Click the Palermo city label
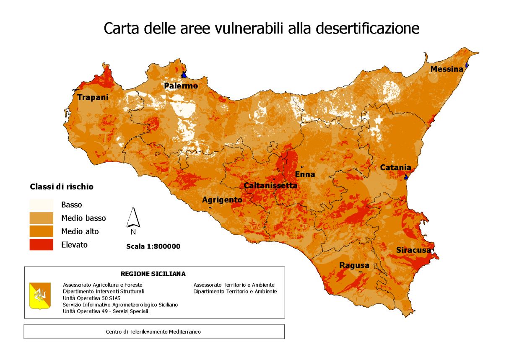(x=181, y=86)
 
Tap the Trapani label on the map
(x=93, y=97)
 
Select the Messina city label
(x=447, y=69)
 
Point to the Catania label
(x=395, y=168)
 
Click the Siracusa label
(x=413, y=250)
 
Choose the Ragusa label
(x=354, y=265)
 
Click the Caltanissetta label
(x=270, y=185)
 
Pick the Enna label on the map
(x=305, y=174)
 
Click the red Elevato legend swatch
(x=41, y=244)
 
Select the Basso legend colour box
(x=41, y=205)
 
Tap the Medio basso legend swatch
(x=41, y=218)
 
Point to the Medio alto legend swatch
(x=41, y=231)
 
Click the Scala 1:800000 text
(x=153, y=246)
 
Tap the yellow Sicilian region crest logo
(x=40, y=295)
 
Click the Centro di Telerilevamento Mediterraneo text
(x=153, y=332)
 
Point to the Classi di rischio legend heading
(x=62, y=187)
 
